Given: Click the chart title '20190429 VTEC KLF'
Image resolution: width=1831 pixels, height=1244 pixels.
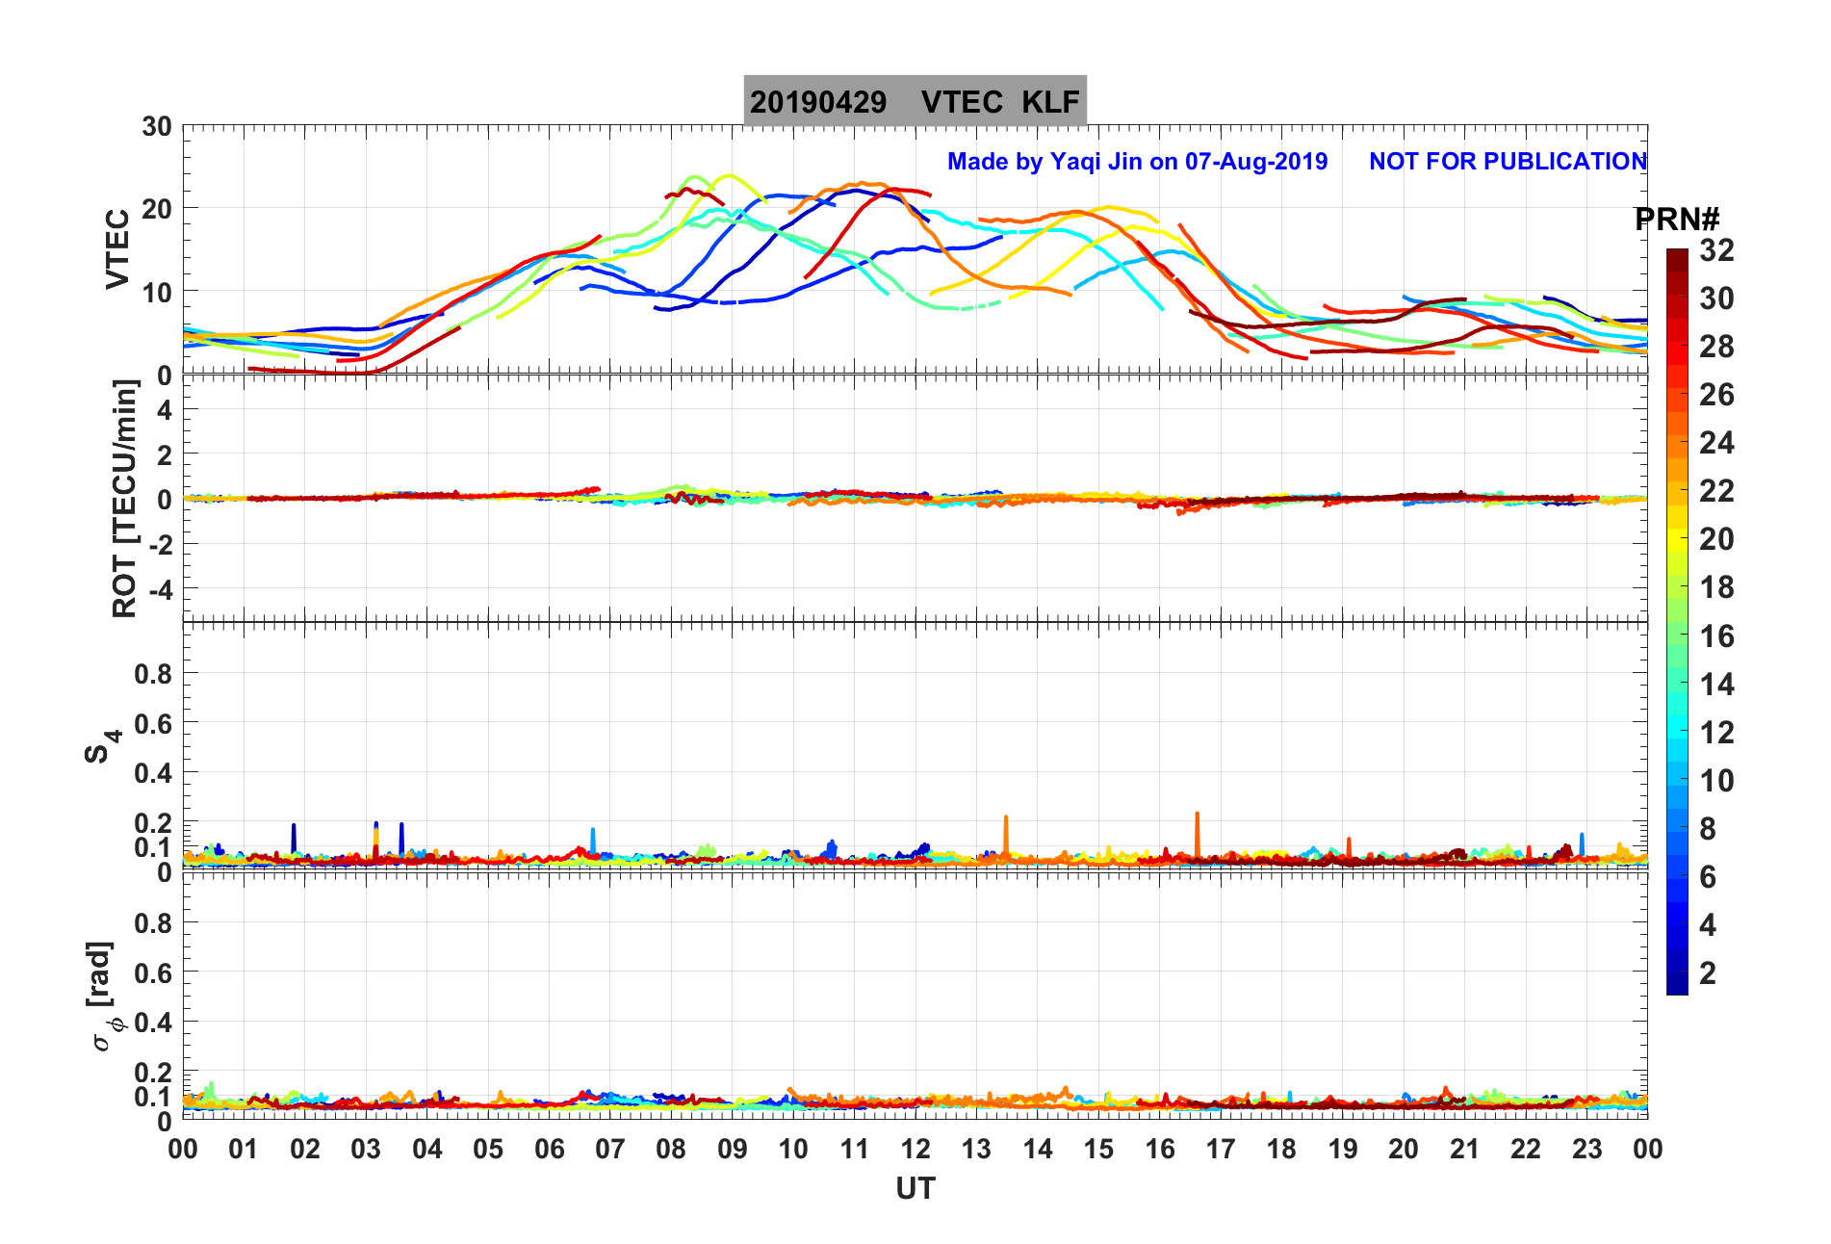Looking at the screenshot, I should click(x=915, y=101).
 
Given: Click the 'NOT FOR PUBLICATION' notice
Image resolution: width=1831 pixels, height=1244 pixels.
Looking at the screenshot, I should click(x=1508, y=162).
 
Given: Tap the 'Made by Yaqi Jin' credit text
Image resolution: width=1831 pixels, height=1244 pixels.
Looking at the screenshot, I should click(x=1137, y=162).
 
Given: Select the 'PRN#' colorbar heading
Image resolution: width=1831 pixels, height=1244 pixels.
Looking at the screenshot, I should click(x=1677, y=220).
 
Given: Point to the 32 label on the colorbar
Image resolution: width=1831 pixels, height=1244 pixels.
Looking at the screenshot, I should click(x=1716, y=250).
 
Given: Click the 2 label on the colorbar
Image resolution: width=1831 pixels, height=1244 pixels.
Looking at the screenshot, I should click(x=1708, y=972).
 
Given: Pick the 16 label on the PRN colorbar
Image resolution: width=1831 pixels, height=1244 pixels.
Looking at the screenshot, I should click(x=1716, y=635).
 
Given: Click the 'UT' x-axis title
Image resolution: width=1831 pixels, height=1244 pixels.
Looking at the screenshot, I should click(x=915, y=1189).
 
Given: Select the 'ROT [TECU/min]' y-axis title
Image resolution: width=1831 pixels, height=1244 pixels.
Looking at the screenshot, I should click(x=124, y=498).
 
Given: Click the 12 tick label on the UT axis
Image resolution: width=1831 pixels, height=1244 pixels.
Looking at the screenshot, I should click(x=915, y=1149).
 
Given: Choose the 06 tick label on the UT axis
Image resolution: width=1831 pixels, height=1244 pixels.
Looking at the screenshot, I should click(x=550, y=1149).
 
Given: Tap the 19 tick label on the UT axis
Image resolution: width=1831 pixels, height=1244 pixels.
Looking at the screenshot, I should click(x=1343, y=1149).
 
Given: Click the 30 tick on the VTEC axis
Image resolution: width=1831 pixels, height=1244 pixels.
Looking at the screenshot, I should click(x=157, y=127).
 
